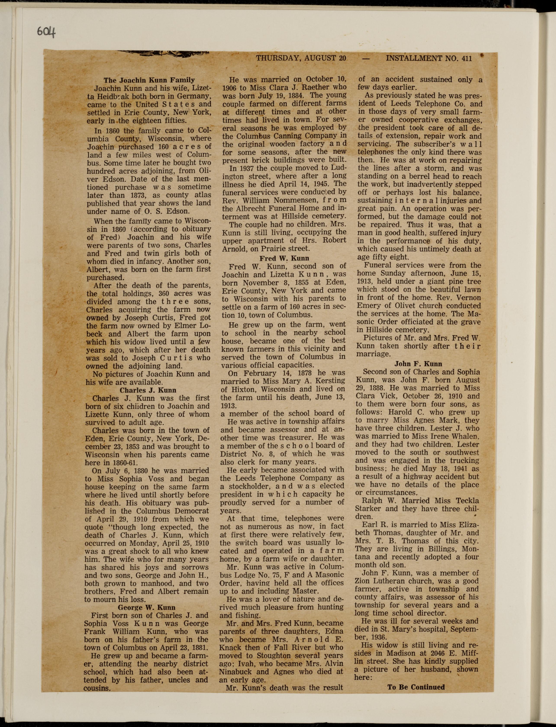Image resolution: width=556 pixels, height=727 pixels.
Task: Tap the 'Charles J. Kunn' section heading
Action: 148,390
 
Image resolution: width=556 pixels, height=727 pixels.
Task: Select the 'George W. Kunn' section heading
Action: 147,607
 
